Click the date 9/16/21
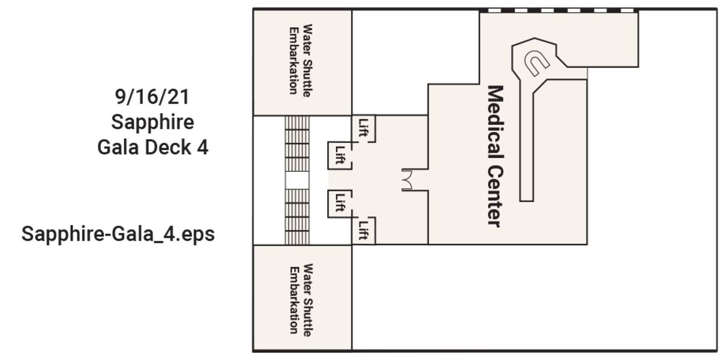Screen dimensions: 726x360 (152, 97)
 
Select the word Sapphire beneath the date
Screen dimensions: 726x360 (152, 122)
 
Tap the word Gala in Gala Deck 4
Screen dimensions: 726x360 (118, 148)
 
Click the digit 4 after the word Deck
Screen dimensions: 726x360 (203, 148)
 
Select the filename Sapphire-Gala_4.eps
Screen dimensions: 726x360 (118, 234)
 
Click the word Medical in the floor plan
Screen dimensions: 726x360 (495, 122)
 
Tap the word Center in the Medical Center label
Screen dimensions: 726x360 (495, 197)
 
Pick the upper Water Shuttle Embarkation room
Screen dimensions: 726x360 (302, 62)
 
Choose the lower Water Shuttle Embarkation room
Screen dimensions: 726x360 (302, 298)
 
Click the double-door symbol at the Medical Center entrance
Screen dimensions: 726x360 (407, 180)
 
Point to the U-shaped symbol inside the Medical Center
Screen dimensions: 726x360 (537, 63)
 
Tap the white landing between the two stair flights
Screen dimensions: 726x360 (297, 180)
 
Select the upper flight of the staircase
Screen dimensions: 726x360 (297, 144)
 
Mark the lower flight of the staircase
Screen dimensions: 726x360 (297, 217)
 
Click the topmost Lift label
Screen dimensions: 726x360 (364, 127)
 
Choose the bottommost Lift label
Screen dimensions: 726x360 (364, 230)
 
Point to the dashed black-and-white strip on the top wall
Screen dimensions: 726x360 (559, 11)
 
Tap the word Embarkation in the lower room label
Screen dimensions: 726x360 (293, 300)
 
